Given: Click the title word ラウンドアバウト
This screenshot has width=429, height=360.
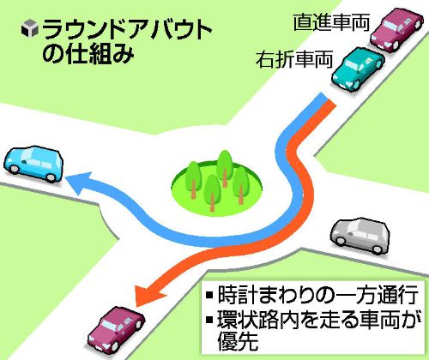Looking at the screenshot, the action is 127,29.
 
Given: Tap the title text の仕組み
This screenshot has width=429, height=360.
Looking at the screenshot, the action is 88,53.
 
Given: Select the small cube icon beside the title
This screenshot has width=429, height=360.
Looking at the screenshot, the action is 30,28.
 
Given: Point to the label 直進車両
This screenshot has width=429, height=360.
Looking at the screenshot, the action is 331,22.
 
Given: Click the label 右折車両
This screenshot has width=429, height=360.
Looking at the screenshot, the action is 294,59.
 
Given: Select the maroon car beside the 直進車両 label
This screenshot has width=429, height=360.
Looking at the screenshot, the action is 396,29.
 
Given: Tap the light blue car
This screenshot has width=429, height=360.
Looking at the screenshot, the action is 33,164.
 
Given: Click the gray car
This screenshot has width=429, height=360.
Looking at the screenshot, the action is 360,236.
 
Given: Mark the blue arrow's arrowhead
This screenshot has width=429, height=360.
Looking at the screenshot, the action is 79,183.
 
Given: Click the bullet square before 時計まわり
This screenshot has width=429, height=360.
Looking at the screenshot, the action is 209,295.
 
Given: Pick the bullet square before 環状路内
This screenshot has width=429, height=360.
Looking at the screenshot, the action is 209,319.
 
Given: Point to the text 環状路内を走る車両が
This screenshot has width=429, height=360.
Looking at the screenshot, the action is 319,319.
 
